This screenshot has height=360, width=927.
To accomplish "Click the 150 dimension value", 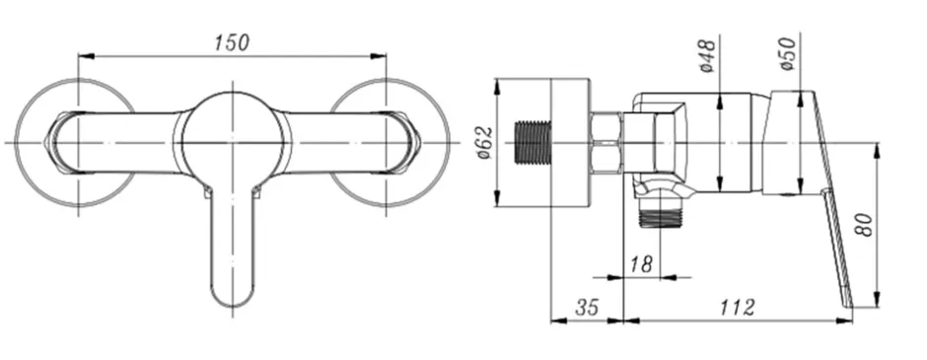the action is click(x=232, y=42).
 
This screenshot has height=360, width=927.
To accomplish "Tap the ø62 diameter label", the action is click(x=485, y=142).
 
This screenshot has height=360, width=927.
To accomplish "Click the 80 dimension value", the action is click(x=864, y=225).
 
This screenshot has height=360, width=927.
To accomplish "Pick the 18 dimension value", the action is click(x=641, y=263).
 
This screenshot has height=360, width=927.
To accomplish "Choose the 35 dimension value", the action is click(x=587, y=307).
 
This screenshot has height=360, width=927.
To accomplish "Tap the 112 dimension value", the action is click(x=738, y=307).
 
